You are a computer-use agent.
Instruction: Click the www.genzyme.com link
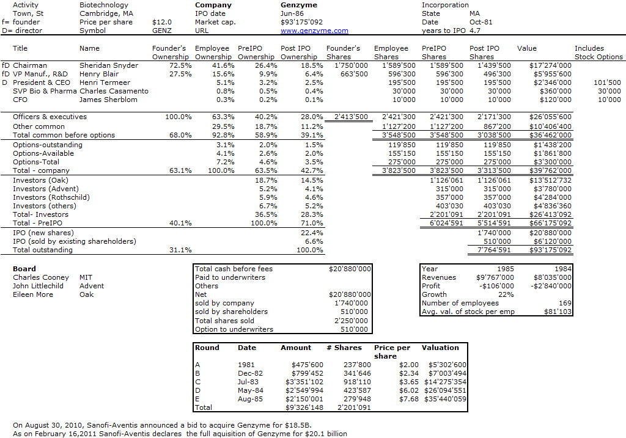[x=314, y=31]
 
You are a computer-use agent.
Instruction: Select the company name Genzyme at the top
[x=299, y=5]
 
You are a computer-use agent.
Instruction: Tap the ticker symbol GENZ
[x=161, y=31]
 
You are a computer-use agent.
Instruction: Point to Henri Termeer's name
[x=105, y=82]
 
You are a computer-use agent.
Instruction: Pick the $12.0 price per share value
[x=161, y=23]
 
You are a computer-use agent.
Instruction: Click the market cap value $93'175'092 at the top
[x=301, y=23]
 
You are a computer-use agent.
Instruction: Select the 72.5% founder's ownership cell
[x=180, y=65]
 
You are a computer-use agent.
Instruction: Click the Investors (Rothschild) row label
[x=51, y=197]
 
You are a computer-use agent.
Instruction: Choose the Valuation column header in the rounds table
[x=440, y=348]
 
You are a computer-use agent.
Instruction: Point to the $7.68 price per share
[x=409, y=399]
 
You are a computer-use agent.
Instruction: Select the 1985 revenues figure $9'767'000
[x=495, y=277]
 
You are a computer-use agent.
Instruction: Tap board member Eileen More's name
[x=33, y=295]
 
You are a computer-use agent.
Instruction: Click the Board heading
[x=24, y=269]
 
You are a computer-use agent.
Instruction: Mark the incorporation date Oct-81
[x=481, y=23]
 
